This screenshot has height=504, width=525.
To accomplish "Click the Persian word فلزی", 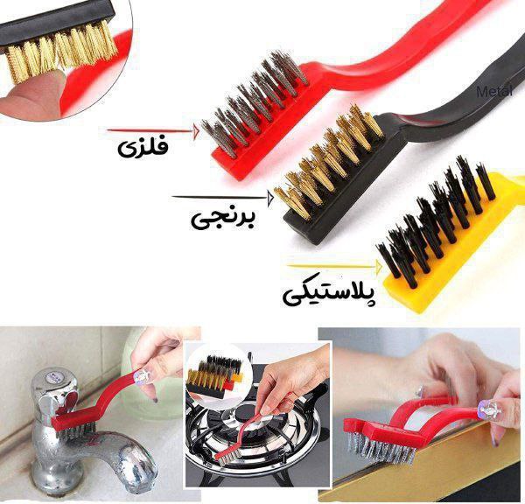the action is [x=143, y=148].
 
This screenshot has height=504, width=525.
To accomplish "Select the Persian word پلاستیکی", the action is [x=330, y=294].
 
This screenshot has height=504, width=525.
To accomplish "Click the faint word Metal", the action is [x=494, y=91].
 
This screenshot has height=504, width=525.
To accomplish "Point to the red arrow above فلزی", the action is [x=153, y=131].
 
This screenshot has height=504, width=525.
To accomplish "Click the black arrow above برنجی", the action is [x=222, y=198].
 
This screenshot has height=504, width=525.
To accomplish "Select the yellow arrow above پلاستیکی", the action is [x=334, y=267].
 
